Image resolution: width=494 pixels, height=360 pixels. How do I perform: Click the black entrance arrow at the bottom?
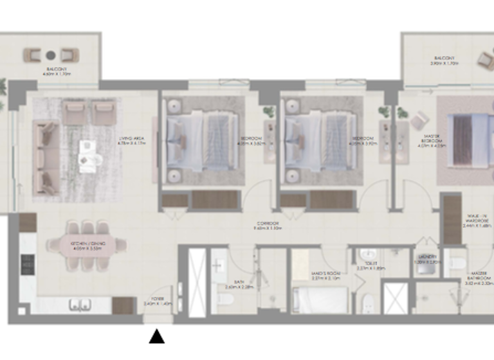click(157, 336)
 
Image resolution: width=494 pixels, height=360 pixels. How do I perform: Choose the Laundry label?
click(422, 260)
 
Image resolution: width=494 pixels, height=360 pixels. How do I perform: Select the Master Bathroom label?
click(477, 280)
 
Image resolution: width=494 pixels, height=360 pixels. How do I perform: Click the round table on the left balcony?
click(50, 55)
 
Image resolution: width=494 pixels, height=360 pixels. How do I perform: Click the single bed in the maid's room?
click(320, 299)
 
